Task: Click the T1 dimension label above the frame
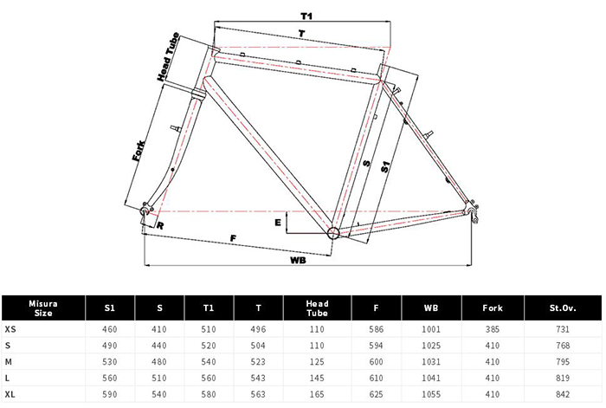[x=306, y=16]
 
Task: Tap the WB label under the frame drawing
[x=297, y=259]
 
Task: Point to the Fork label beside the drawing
[x=139, y=146]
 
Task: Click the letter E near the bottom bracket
[x=277, y=222]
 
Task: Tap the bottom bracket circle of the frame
[x=334, y=232]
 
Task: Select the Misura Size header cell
[x=43, y=308]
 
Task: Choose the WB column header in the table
[x=430, y=308]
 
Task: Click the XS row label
[x=10, y=329]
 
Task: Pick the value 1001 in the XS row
[x=430, y=329]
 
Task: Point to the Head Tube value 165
[x=318, y=395]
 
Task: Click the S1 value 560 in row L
[x=110, y=379]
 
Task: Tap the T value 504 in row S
[x=261, y=346]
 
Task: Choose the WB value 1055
[x=430, y=395]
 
